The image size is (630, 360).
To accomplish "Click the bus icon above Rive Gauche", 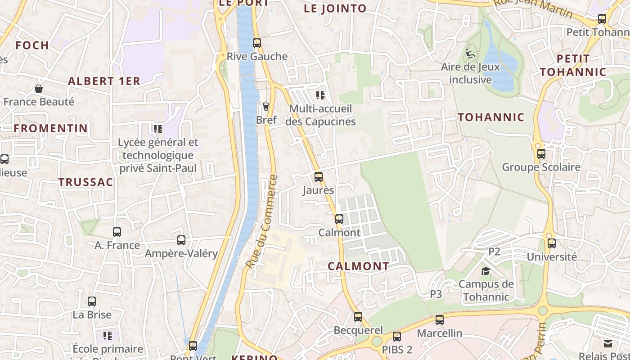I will pyautogui.click(x=256, y=43).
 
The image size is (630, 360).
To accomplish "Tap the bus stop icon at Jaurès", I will pyautogui.click(x=319, y=177).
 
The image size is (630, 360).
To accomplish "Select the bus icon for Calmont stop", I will pyautogui.click(x=339, y=219).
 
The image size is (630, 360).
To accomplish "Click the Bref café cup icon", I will pyautogui.click(x=265, y=107).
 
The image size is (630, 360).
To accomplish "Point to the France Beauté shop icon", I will pyautogui.click(x=39, y=89).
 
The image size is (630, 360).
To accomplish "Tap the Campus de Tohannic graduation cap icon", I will pyautogui.click(x=486, y=271).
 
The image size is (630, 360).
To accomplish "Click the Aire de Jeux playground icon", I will pyautogui.click(x=470, y=54).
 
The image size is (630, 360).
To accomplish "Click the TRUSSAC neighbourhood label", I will pyautogui.click(x=85, y=182).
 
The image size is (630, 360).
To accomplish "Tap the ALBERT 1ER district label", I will pyautogui.click(x=104, y=81).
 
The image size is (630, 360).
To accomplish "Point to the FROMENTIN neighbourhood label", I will pyautogui.click(x=51, y=128).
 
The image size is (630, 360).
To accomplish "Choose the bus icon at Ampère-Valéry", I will pyautogui.click(x=181, y=240).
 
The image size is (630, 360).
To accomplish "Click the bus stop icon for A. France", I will pyautogui.click(x=117, y=232).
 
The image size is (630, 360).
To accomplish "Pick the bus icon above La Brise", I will pyautogui.click(x=92, y=301).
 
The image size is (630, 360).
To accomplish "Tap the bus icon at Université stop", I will pyautogui.click(x=552, y=243).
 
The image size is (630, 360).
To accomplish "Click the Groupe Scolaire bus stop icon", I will pyautogui.click(x=541, y=154).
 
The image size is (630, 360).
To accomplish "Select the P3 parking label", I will pyautogui.click(x=436, y=294).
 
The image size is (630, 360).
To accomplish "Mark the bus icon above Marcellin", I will pyautogui.click(x=440, y=320).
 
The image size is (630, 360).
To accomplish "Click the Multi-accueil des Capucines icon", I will pyautogui.click(x=320, y=95).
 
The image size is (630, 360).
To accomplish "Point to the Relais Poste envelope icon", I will pyautogui.click(x=608, y=344).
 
